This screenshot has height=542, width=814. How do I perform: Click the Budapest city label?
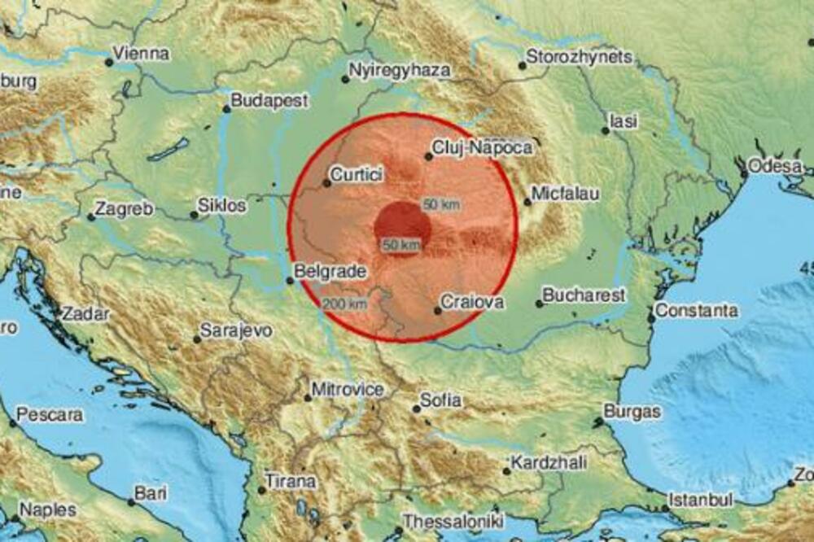point(269,101)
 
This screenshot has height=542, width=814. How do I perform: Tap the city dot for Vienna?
point(108,62)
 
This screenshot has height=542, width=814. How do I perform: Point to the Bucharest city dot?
point(539,304)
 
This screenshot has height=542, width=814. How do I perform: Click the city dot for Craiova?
point(438,310)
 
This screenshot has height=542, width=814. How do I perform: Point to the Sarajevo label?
point(236,330)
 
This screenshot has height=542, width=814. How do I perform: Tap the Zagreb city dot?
point(90,216)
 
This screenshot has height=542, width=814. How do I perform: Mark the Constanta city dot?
point(650,318)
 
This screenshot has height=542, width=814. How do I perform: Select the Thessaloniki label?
point(454,521)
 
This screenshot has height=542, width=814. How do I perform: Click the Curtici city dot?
point(326,183)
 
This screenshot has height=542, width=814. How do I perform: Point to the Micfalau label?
point(566,195)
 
